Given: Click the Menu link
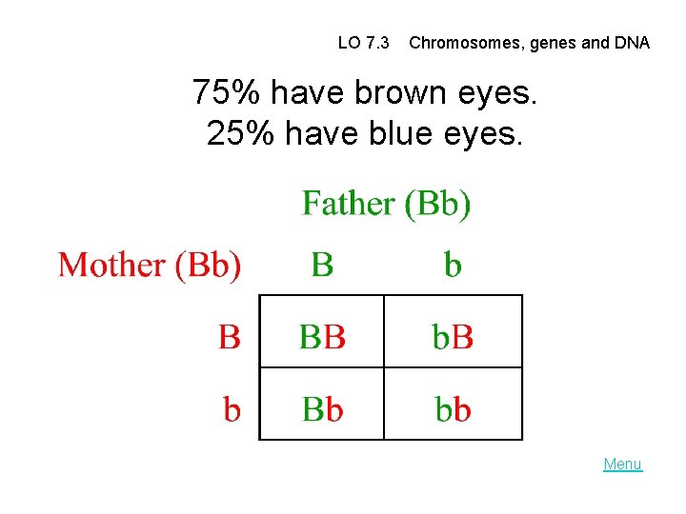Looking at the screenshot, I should tap(622, 465).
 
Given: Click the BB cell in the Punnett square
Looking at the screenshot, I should tap(322, 336).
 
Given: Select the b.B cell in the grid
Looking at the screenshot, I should tap(453, 336).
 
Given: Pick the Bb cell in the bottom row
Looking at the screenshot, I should tap(322, 409).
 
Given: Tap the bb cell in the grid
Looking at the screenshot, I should tap(453, 409).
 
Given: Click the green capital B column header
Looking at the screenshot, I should tap(322, 265).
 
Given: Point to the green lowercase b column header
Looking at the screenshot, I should tap(453, 265).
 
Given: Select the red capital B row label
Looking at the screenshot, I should tap(230, 336).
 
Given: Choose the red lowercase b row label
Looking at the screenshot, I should tap(232, 409).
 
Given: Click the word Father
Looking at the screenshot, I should tap(348, 204).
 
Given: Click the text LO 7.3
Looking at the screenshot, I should tap(363, 43).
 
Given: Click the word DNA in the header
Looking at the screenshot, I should tap(632, 43).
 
